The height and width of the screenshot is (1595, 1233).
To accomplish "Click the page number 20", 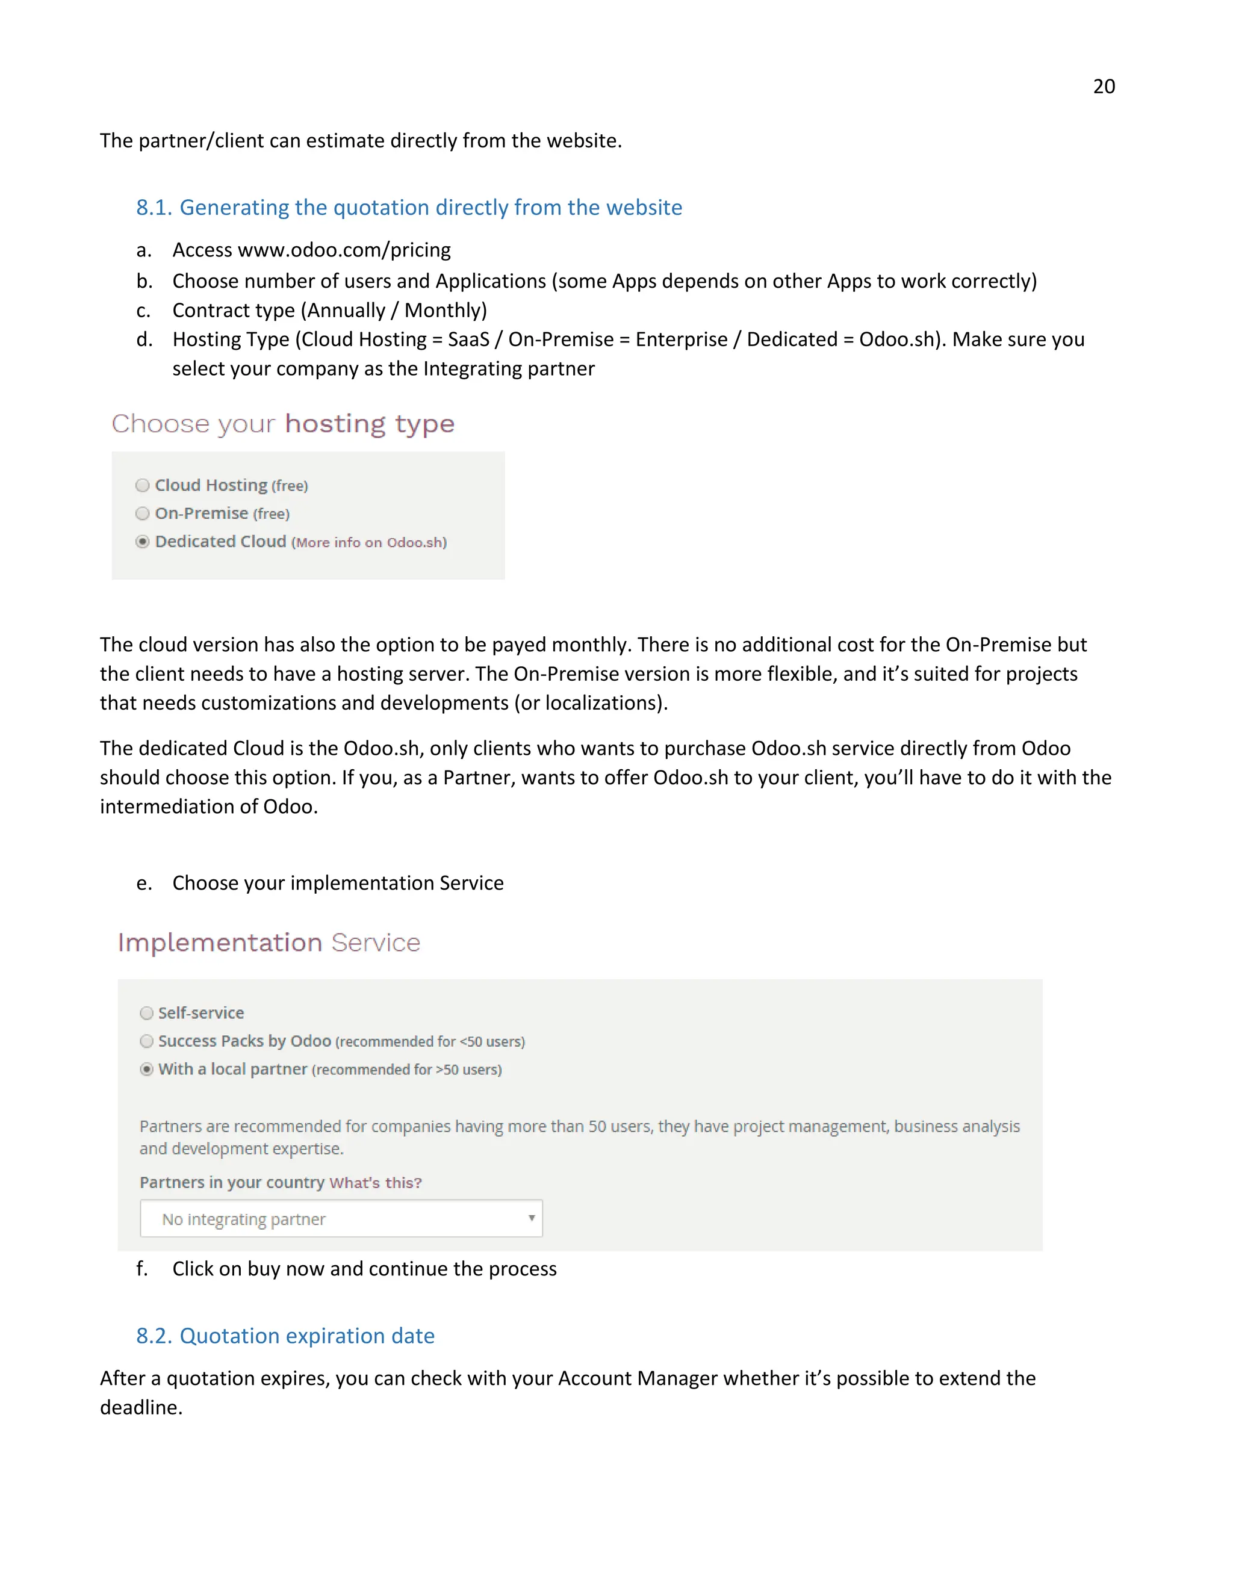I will pos(1103,86).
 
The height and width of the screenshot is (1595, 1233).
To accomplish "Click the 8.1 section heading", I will pos(409,208).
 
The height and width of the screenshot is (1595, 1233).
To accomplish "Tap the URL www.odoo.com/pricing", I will pos(344,250).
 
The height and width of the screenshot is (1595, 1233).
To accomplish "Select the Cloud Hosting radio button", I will pos(143,486).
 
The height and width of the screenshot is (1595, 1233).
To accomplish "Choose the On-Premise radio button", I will pos(143,513).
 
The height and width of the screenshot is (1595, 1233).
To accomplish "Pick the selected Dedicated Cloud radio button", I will pos(143,542).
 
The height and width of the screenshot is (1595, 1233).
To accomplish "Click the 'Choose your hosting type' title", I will pos(284,424).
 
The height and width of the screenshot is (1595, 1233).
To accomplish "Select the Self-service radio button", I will pos(147,1013).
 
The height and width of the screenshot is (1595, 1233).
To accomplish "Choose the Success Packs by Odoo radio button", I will pos(147,1041).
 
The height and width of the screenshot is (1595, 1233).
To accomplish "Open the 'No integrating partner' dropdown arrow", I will pos(531,1218).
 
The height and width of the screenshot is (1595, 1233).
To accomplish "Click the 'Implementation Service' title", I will pos(269,943).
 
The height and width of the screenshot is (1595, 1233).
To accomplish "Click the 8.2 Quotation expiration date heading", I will pos(285,1336).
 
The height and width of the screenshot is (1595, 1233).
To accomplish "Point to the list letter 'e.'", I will pos(144,883).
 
